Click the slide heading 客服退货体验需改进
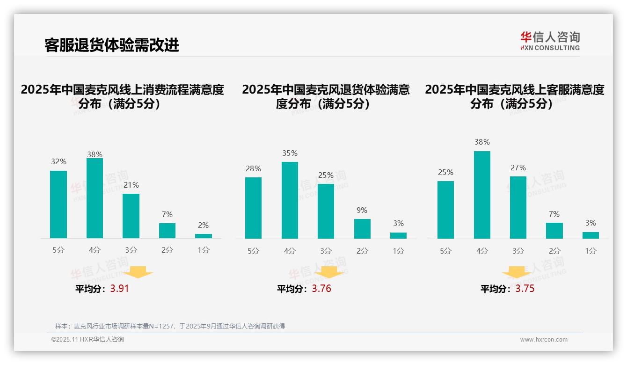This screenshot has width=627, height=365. [x=111, y=45]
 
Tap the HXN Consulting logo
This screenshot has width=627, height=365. [x=550, y=41]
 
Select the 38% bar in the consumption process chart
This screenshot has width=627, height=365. [x=95, y=198]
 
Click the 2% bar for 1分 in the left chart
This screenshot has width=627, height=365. [x=204, y=236]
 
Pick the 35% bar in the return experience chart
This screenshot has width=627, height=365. [x=290, y=200]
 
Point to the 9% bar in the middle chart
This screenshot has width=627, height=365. [x=362, y=229]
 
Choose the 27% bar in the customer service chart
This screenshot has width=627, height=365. [x=518, y=207]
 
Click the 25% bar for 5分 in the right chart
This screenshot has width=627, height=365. [x=445, y=210]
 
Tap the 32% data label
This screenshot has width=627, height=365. [x=59, y=162]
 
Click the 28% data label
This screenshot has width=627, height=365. [x=253, y=169]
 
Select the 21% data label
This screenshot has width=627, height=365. [x=131, y=185]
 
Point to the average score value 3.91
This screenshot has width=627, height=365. [x=119, y=289]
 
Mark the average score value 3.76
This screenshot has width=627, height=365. [x=321, y=289]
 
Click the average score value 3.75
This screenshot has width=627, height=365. [x=525, y=289]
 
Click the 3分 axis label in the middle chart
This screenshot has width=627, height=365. [x=326, y=251]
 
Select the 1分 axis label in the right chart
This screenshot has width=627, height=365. [x=591, y=251]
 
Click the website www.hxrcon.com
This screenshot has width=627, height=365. [x=544, y=340]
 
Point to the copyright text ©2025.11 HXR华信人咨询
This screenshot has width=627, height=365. [x=87, y=340]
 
